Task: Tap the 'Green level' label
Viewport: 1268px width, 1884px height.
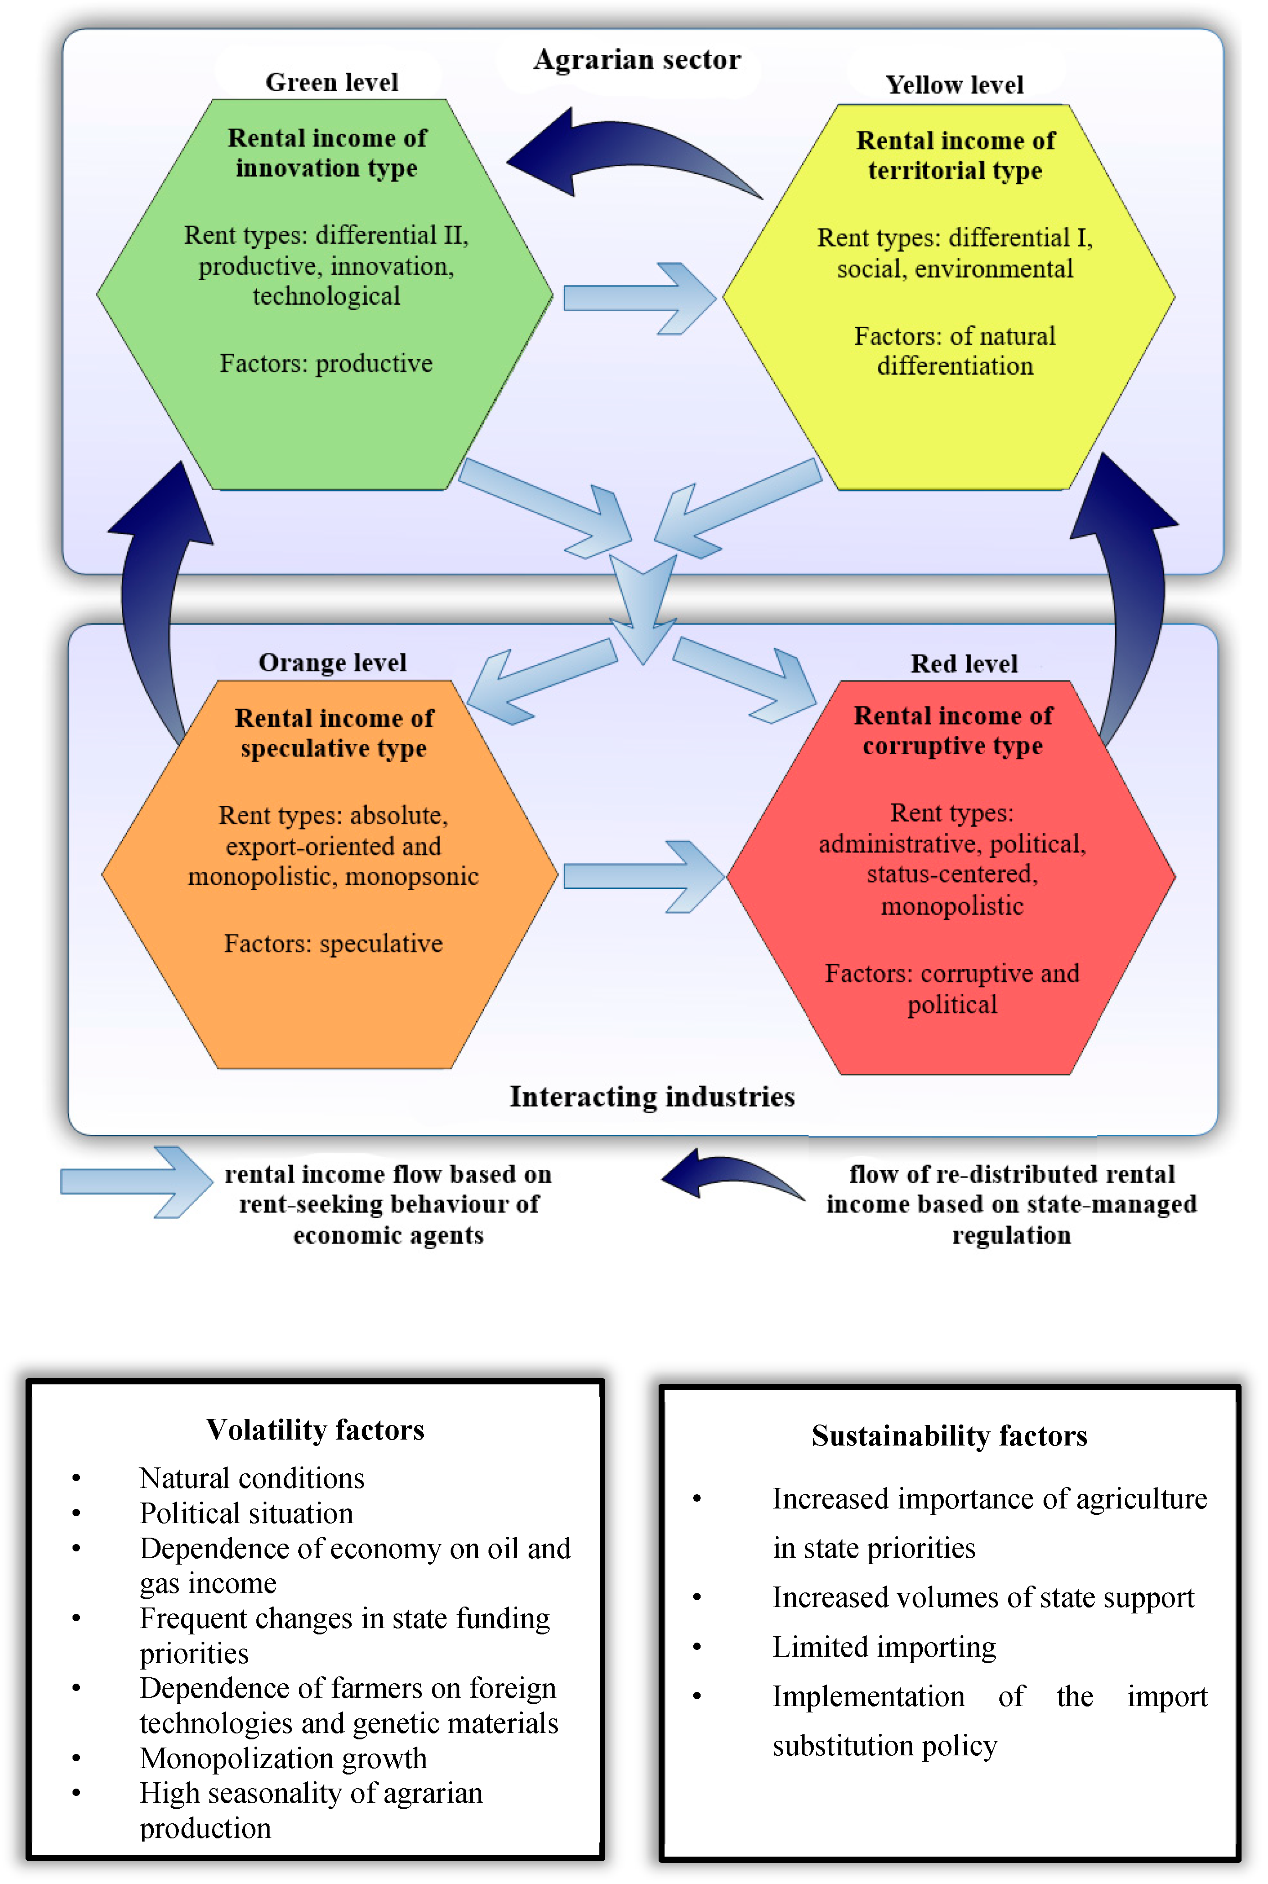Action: coord(332,83)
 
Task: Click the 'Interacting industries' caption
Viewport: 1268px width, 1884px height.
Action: coord(652,1097)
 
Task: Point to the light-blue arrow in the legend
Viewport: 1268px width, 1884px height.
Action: coord(136,1182)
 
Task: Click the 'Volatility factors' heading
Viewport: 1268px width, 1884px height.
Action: coord(315,1430)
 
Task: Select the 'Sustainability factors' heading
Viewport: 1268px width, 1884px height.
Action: coord(949,1436)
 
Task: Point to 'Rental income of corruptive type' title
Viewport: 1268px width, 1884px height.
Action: coord(953,731)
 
